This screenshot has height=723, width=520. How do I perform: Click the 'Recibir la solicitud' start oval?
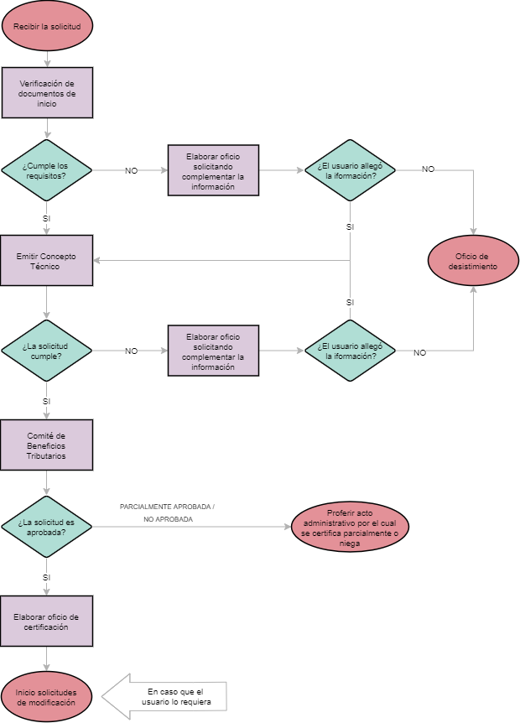click(x=47, y=26)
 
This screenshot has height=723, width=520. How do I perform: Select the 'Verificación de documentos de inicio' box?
click(x=47, y=92)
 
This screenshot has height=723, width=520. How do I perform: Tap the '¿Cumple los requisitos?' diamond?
click(x=47, y=170)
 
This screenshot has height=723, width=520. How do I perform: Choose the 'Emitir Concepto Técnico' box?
click(x=47, y=260)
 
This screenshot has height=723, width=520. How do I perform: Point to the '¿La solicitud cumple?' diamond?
click(x=47, y=351)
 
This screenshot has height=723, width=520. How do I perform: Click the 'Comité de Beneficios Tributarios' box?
click(x=47, y=445)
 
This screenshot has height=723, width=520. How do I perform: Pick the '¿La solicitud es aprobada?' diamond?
click(x=47, y=527)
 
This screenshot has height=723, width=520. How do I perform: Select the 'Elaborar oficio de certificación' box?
click(x=47, y=622)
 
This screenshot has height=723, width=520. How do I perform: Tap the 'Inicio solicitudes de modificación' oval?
click(x=47, y=697)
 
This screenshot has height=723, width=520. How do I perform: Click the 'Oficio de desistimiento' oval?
click(x=476, y=261)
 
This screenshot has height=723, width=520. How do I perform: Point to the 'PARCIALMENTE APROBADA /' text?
click(x=167, y=507)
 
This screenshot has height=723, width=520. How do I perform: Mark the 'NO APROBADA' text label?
click(x=168, y=520)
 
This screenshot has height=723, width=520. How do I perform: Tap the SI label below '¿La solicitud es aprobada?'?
click(x=47, y=577)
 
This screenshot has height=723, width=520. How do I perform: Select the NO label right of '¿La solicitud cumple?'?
click(x=132, y=351)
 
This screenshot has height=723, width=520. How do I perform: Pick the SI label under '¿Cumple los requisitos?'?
click(x=47, y=218)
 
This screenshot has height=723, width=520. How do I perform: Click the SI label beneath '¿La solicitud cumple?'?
click(x=47, y=401)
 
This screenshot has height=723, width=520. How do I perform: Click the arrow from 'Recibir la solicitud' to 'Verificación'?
click(x=47, y=59)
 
